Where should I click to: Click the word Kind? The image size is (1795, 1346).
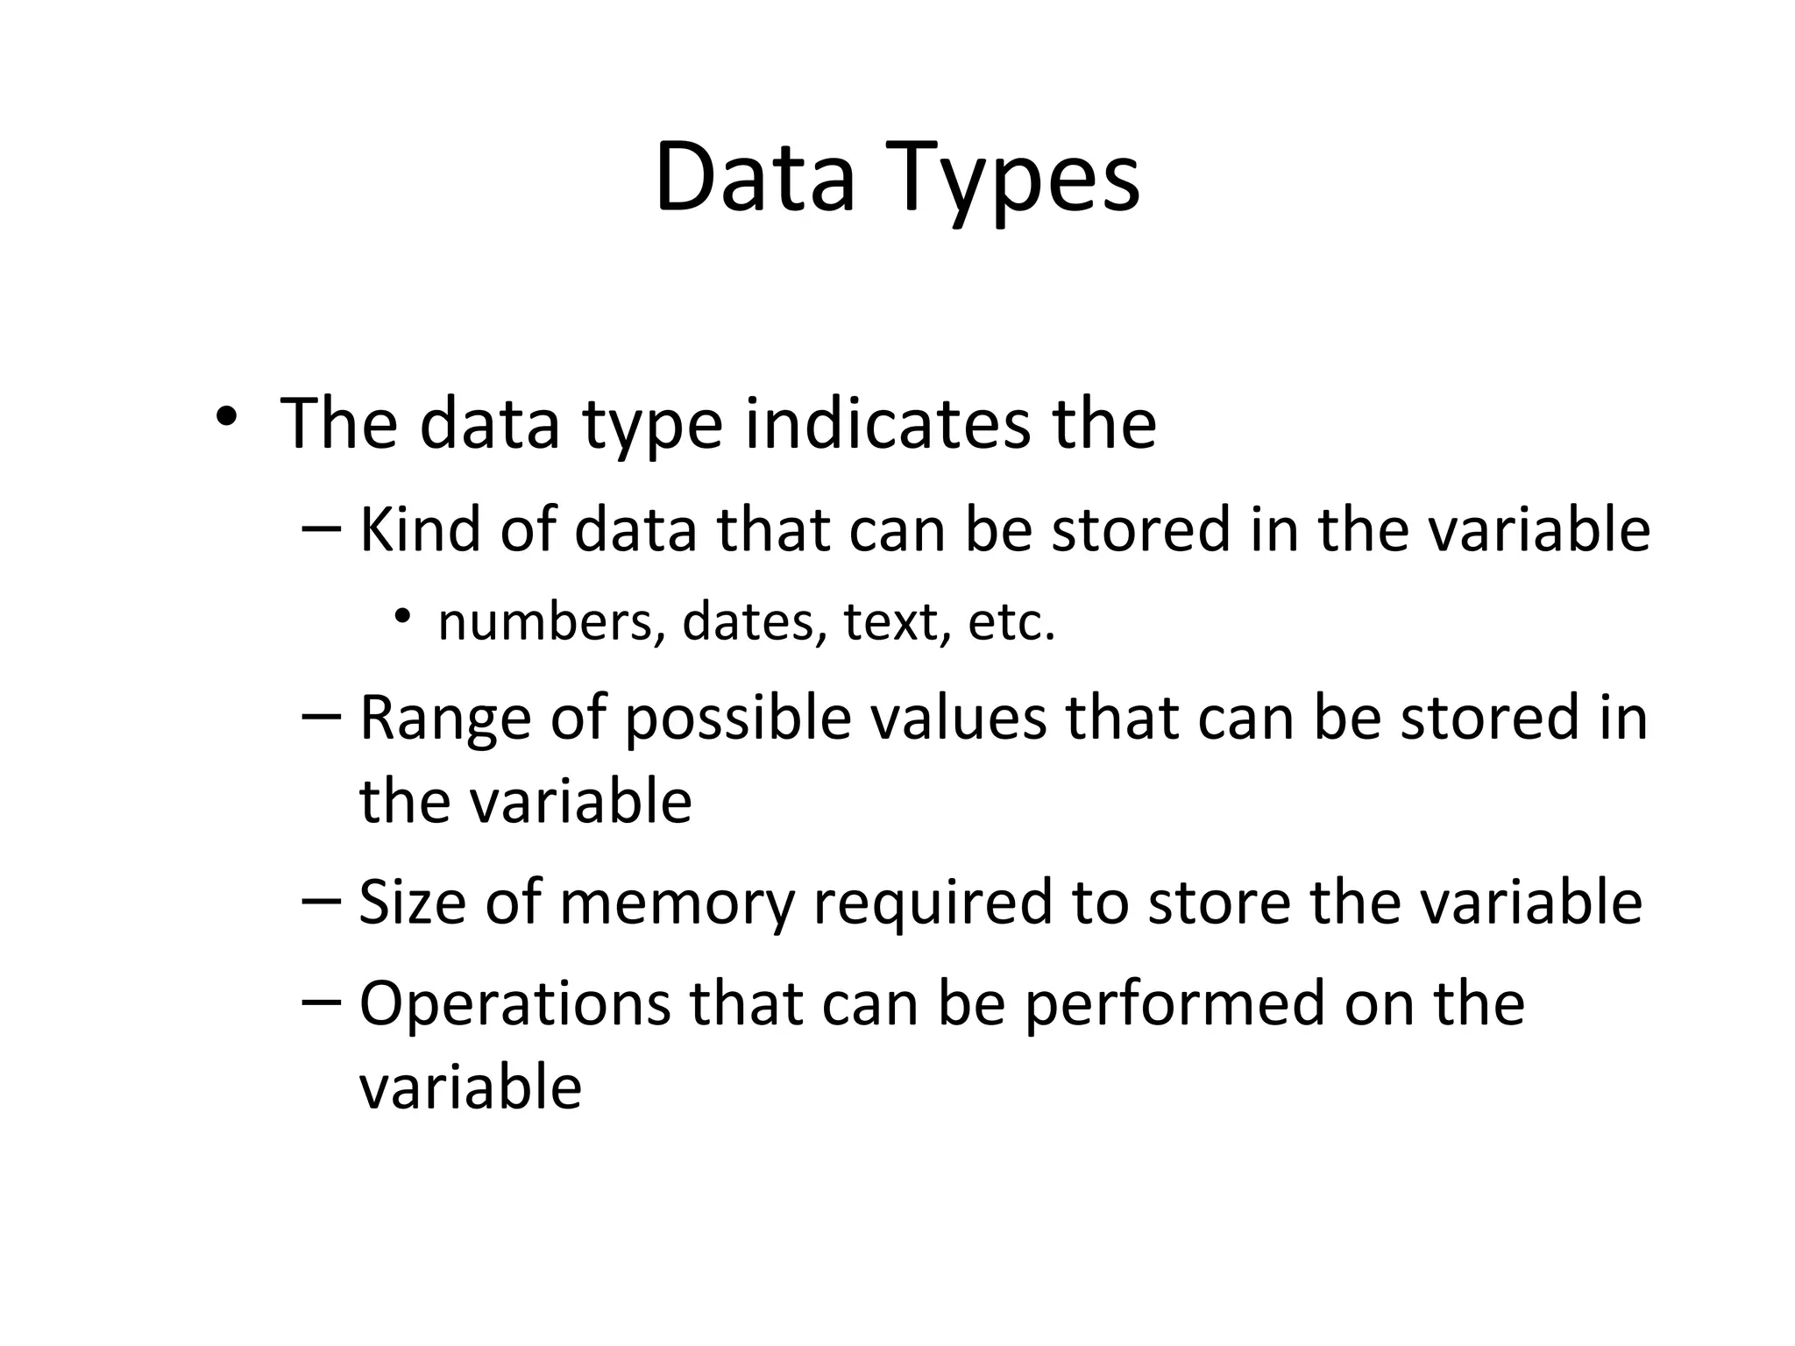(x=420, y=530)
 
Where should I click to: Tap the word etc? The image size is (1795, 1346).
(x=1011, y=623)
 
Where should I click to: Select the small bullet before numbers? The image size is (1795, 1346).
(x=401, y=616)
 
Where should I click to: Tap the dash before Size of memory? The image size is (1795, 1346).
(x=322, y=901)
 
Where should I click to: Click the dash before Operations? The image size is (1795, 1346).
(x=322, y=1002)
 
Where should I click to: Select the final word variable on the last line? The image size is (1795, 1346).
(x=471, y=1087)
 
